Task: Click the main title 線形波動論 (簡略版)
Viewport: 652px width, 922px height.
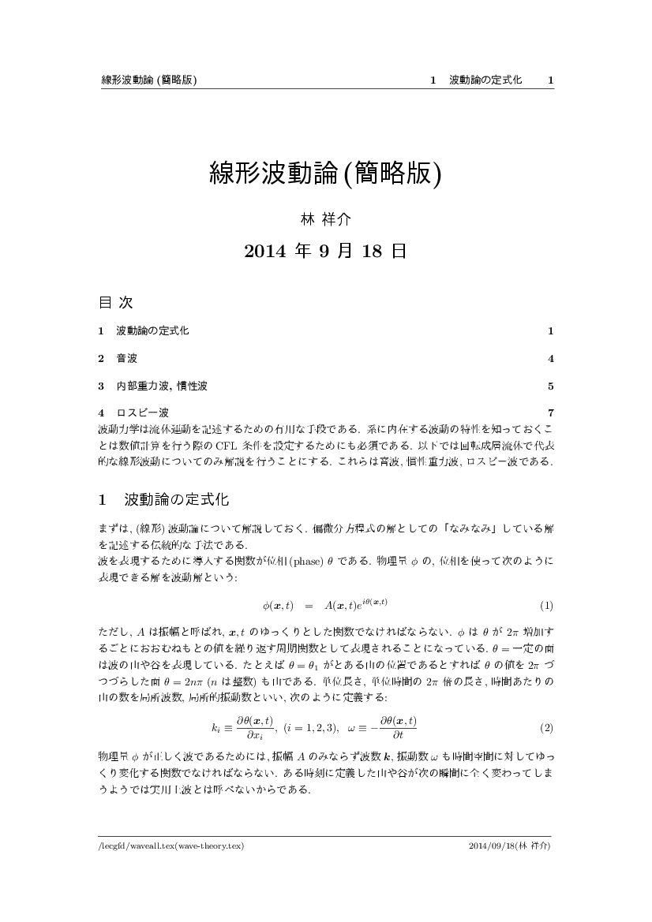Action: point(325,173)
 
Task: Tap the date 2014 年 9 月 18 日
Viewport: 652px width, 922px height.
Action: point(325,252)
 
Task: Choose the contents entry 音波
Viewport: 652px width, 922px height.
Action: point(126,359)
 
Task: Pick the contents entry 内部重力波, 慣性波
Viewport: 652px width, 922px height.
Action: point(161,386)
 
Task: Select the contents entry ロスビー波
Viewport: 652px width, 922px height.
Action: point(142,412)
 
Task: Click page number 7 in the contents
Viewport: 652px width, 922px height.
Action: point(550,412)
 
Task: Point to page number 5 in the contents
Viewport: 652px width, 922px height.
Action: point(550,386)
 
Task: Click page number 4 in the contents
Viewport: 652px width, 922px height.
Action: point(550,359)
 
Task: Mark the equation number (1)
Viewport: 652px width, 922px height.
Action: point(545,606)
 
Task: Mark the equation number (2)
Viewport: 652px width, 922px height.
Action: point(545,705)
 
